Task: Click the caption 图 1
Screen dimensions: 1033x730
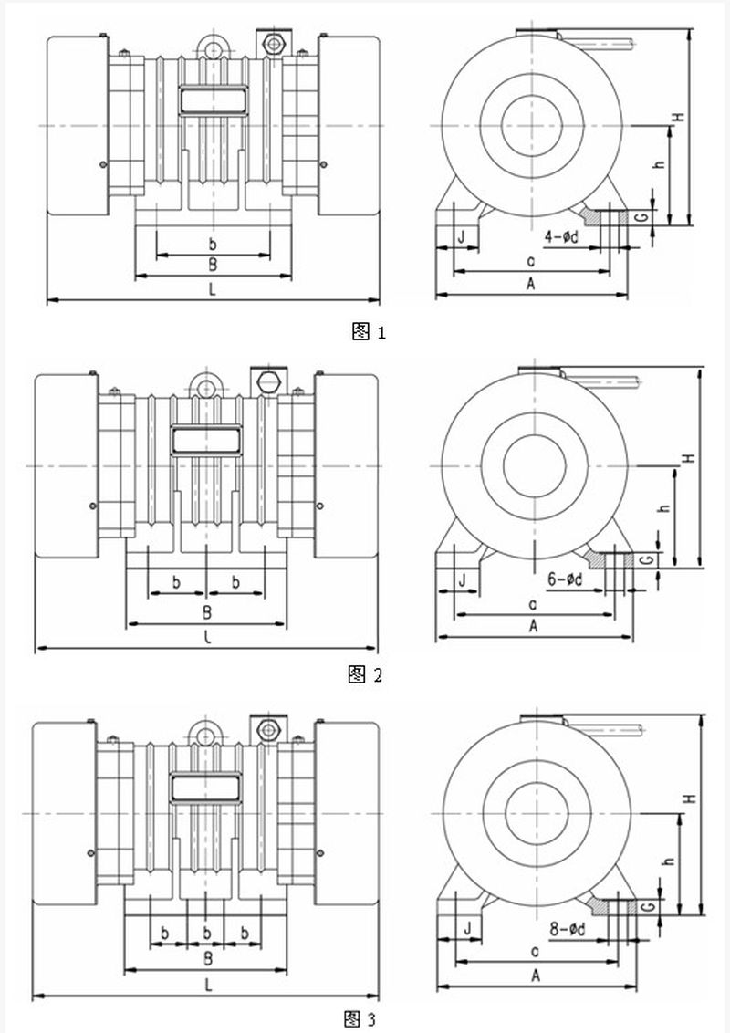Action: tap(369, 332)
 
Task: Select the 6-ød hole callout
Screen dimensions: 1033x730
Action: tap(566, 579)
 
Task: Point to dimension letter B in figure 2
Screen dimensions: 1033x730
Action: tap(207, 610)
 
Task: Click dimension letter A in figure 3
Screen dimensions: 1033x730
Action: tap(536, 976)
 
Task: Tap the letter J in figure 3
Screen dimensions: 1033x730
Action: tap(467, 928)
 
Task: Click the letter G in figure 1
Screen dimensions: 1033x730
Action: tap(643, 216)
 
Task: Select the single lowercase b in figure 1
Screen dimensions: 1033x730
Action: tap(213, 244)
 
